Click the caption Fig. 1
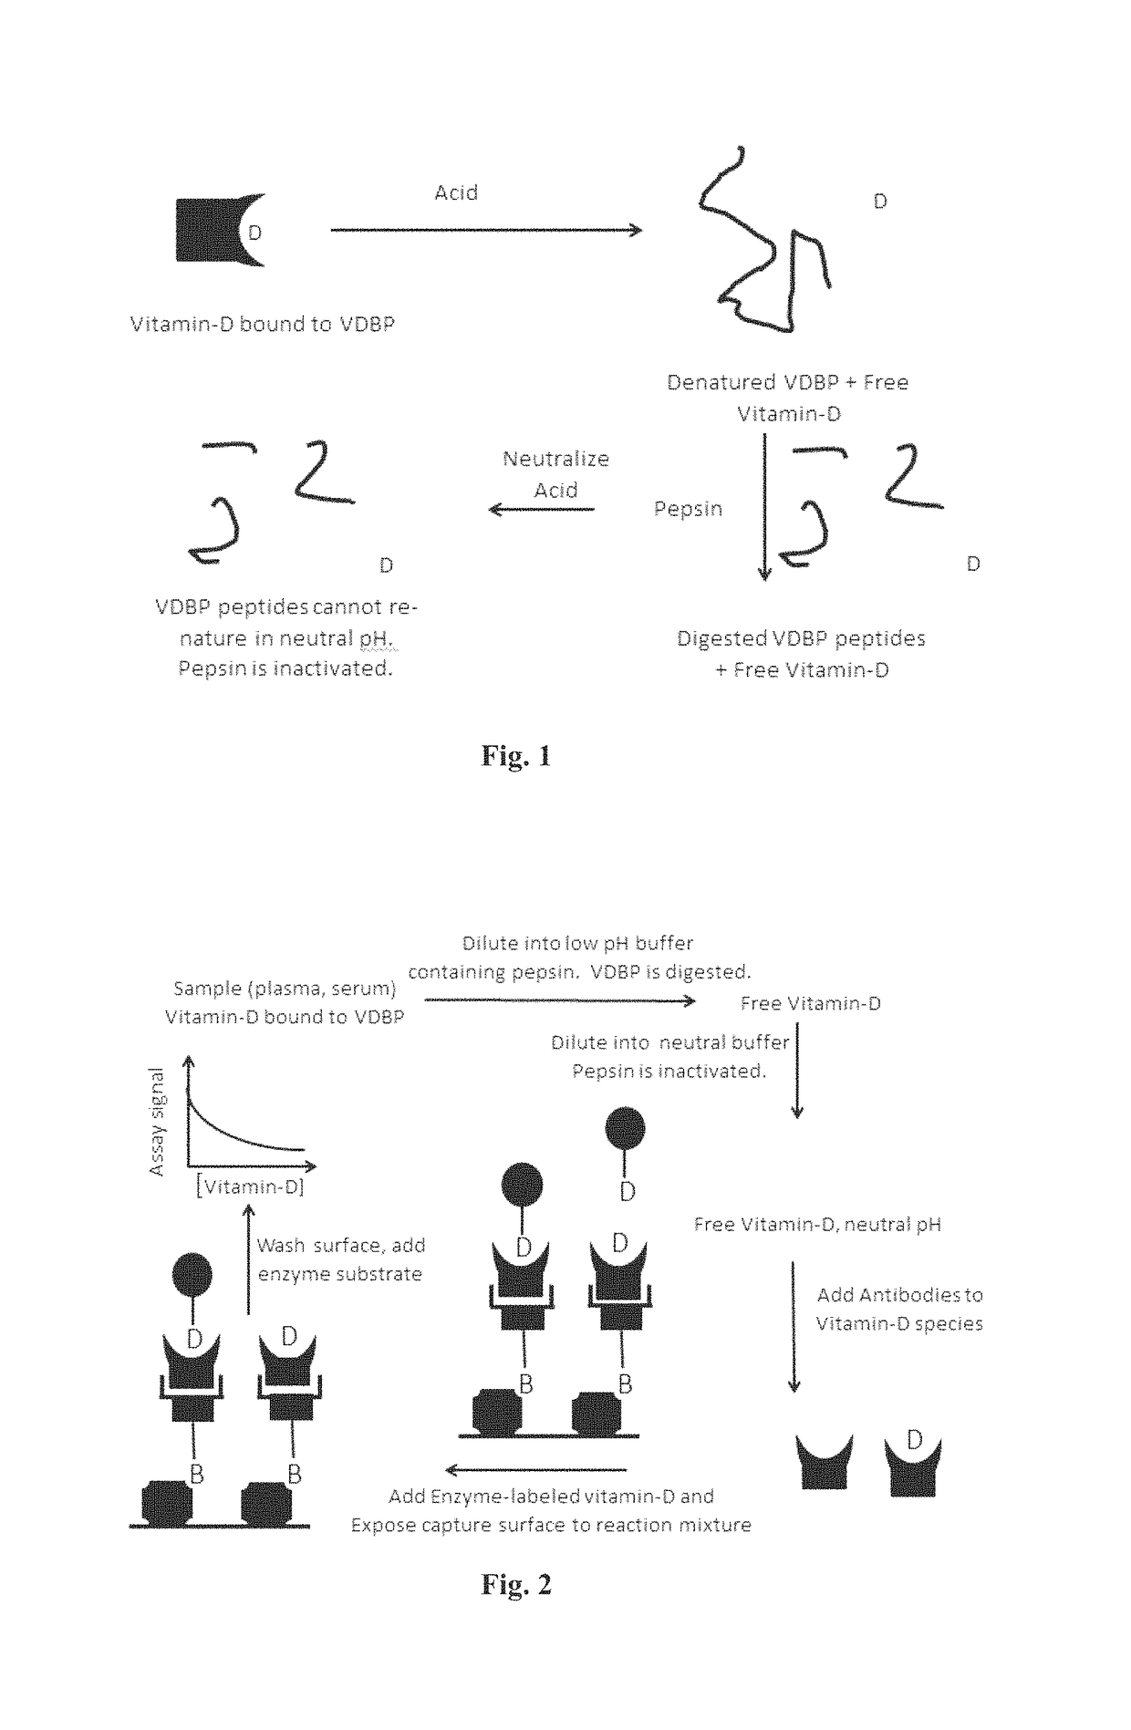(516, 756)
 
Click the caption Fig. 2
(516, 1584)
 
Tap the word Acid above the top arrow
(456, 192)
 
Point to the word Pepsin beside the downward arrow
(688, 509)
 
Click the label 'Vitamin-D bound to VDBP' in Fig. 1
(263, 324)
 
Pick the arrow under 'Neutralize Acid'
(542, 509)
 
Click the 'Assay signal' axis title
(157, 1122)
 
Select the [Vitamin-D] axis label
(250, 1186)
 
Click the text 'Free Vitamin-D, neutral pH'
(817, 1224)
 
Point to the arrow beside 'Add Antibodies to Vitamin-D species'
(794, 1327)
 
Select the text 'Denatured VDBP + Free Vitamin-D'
(787, 398)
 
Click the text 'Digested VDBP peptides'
(801, 638)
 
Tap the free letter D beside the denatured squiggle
(880, 202)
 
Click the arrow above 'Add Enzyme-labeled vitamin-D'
(535, 1469)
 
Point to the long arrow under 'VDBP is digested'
(560, 1000)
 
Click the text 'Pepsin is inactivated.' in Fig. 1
(285, 668)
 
